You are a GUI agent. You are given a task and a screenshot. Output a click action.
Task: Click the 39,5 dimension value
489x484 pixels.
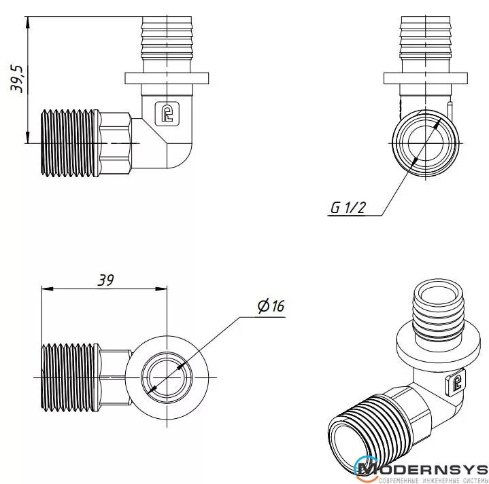[x=16, y=79]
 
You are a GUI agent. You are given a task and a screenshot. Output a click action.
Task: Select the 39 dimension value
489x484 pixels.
[x=105, y=280]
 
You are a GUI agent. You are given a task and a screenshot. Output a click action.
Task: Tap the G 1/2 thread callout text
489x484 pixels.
[x=348, y=208]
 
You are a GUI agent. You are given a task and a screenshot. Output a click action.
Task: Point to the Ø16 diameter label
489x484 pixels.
[x=271, y=305]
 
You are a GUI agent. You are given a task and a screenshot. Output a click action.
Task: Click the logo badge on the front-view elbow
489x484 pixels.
[x=167, y=113]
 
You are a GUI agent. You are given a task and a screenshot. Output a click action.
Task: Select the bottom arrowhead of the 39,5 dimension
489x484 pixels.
[x=28, y=137]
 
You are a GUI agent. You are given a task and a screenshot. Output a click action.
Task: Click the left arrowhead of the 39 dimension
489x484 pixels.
[x=48, y=289]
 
